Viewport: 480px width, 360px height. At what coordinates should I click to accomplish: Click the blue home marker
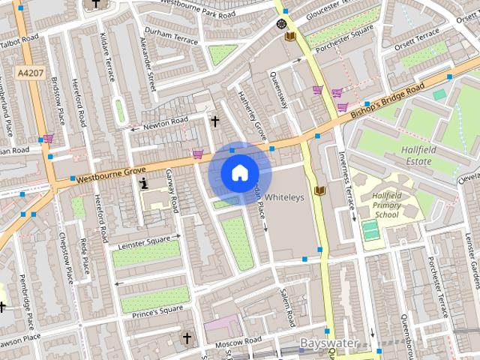[x=238, y=173]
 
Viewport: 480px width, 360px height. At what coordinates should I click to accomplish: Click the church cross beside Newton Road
[x=214, y=121]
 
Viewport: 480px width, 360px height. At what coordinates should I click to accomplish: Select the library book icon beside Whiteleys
[x=319, y=191]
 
